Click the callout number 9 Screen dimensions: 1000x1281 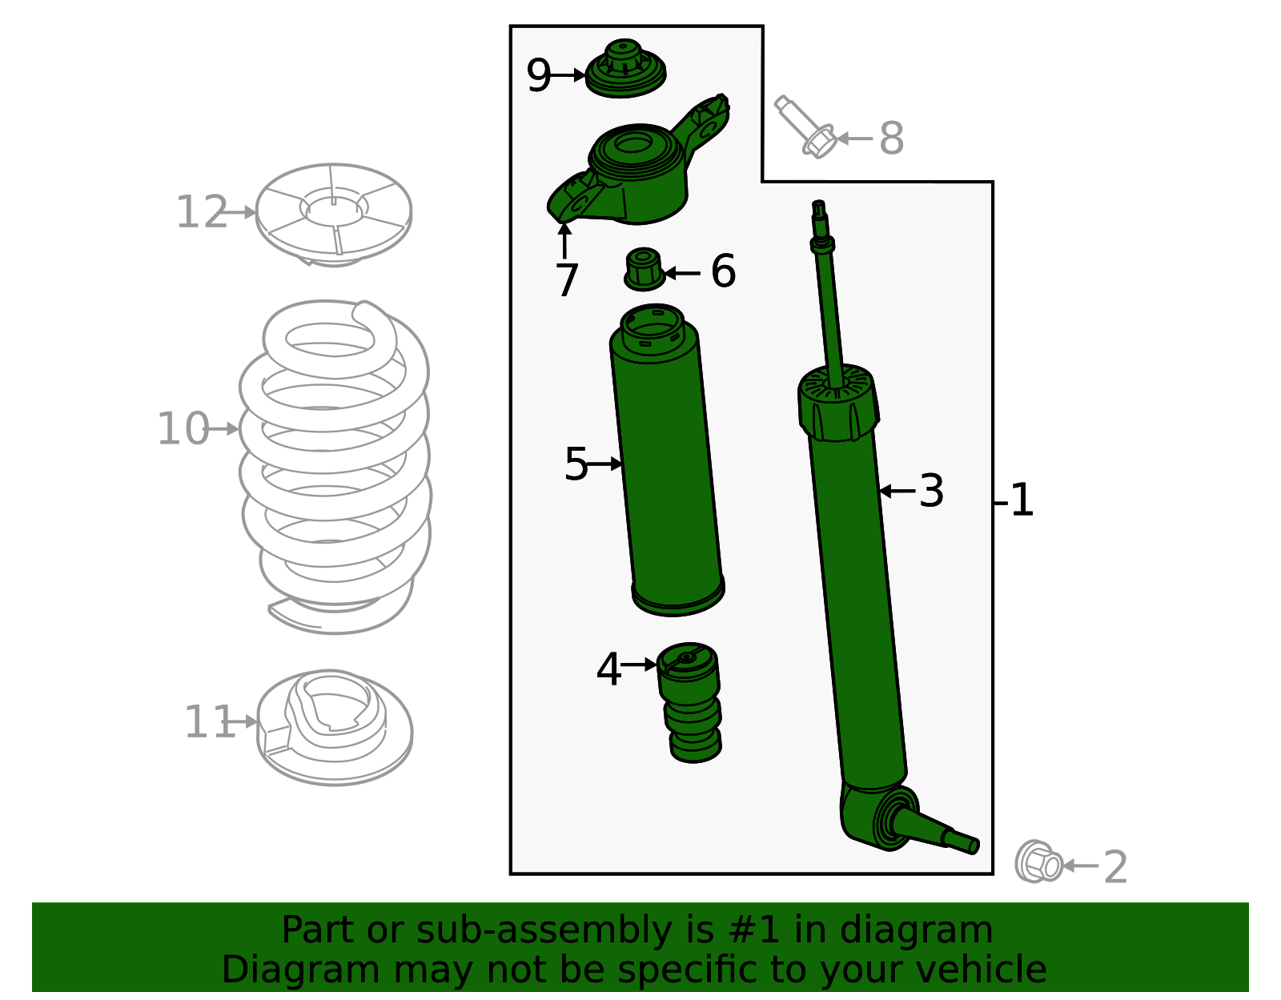(539, 76)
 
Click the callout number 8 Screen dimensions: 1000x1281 (891, 139)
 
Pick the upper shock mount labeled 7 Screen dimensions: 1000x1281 (636, 172)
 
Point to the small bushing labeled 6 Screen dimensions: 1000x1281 (644, 269)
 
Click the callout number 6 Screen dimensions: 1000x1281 (723, 271)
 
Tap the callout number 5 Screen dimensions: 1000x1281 (576, 464)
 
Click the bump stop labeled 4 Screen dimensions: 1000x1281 (690, 701)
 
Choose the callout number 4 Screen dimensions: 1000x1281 (608, 669)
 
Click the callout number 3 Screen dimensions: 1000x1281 (931, 491)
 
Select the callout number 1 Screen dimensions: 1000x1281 (1022, 500)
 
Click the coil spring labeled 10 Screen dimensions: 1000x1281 (335, 464)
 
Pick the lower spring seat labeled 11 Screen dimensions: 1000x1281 (335, 725)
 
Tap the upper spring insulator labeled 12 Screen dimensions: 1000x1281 (334, 212)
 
